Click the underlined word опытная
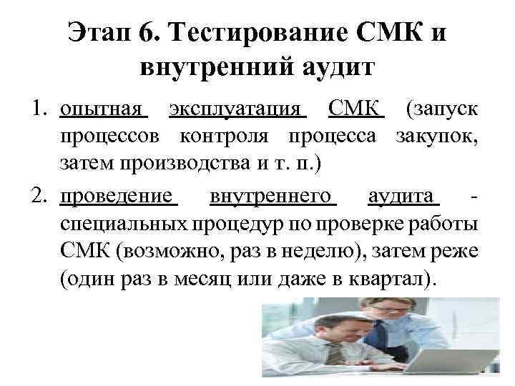[x=103, y=111]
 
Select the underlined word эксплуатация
[x=237, y=111]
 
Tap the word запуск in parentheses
[x=443, y=111]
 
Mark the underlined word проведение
[x=117, y=197]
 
